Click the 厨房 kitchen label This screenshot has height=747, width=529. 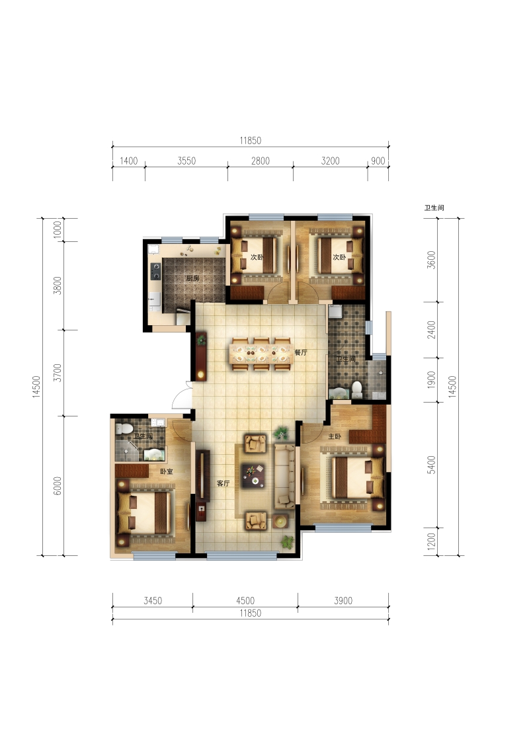(192, 278)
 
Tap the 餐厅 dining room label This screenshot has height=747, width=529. (301, 352)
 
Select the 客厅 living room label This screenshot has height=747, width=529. (223, 483)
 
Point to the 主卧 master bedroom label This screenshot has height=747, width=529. (335, 436)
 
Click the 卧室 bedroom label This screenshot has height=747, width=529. (167, 471)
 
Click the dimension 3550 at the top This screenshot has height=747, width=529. (186, 161)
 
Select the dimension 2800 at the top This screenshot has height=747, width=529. (261, 161)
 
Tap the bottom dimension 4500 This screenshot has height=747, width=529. (245, 601)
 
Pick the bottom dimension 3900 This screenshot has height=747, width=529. (343, 601)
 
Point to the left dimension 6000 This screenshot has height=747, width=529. (58, 486)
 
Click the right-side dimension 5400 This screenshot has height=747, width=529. (431, 465)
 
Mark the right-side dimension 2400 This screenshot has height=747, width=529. (431, 330)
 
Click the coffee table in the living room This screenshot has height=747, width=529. (253, 476)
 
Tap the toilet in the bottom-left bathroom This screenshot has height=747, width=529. (126, 428)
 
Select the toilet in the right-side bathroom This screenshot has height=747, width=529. (356, 389)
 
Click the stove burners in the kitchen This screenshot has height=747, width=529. (155, 271)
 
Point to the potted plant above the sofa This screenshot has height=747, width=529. (281, 433)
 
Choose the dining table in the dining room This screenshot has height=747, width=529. (261, 354)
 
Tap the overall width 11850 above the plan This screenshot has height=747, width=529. (250, 141)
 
